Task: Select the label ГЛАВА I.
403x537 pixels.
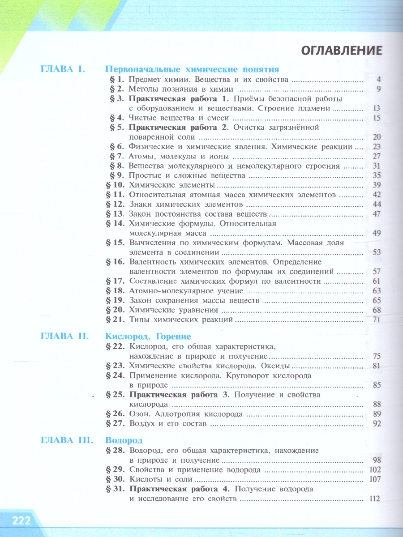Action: click(x=62, y=69)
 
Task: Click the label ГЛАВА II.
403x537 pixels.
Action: click(x=64, y=336)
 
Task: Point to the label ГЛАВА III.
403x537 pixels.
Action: click(x=66, y=440)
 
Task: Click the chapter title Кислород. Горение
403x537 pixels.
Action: click(x=148, y=336)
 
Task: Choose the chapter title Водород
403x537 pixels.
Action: click(x=124, y=440)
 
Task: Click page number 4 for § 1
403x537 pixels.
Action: click(x=378, y=80)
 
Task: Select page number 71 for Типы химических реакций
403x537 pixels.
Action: click(x=376, y=320)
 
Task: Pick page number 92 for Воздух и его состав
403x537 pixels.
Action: click(x=376, y=423)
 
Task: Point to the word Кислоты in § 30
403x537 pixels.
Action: click(x=144, y=479)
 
